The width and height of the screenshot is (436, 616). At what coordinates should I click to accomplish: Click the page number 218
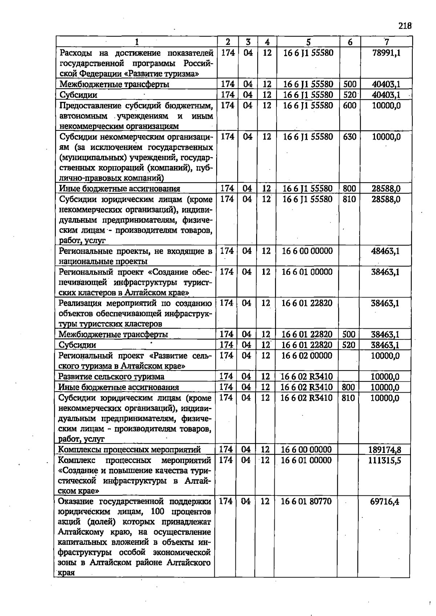tap(405, 26)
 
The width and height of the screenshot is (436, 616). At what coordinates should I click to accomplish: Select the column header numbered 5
tap(308, 42)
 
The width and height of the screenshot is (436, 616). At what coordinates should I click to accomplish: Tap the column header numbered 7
tap(387, 42)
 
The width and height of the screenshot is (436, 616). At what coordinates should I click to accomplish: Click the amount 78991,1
tap(387, 53)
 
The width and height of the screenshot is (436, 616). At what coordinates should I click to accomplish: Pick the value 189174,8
tap(385, 450)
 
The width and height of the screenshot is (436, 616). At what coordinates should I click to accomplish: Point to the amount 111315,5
tap(385, 460)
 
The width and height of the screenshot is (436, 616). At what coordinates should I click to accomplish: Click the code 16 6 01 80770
tap(306, 502)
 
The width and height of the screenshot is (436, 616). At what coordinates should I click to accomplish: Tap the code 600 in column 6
tap(350, 106)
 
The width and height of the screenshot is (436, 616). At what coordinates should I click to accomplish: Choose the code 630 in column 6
tap(350, 137)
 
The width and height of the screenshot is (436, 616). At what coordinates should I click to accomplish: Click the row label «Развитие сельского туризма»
tap(111, 377)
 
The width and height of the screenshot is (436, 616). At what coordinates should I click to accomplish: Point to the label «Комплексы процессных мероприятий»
tap(129, 450)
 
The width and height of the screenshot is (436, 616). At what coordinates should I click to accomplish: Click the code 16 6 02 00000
tap(307, 356)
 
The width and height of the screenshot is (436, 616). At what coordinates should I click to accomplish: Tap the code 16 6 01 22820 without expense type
tap(307, 303)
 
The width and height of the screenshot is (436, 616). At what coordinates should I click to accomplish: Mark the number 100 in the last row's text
tap(157, 512)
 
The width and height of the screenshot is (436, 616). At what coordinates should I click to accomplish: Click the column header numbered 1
tap(137, 42)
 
